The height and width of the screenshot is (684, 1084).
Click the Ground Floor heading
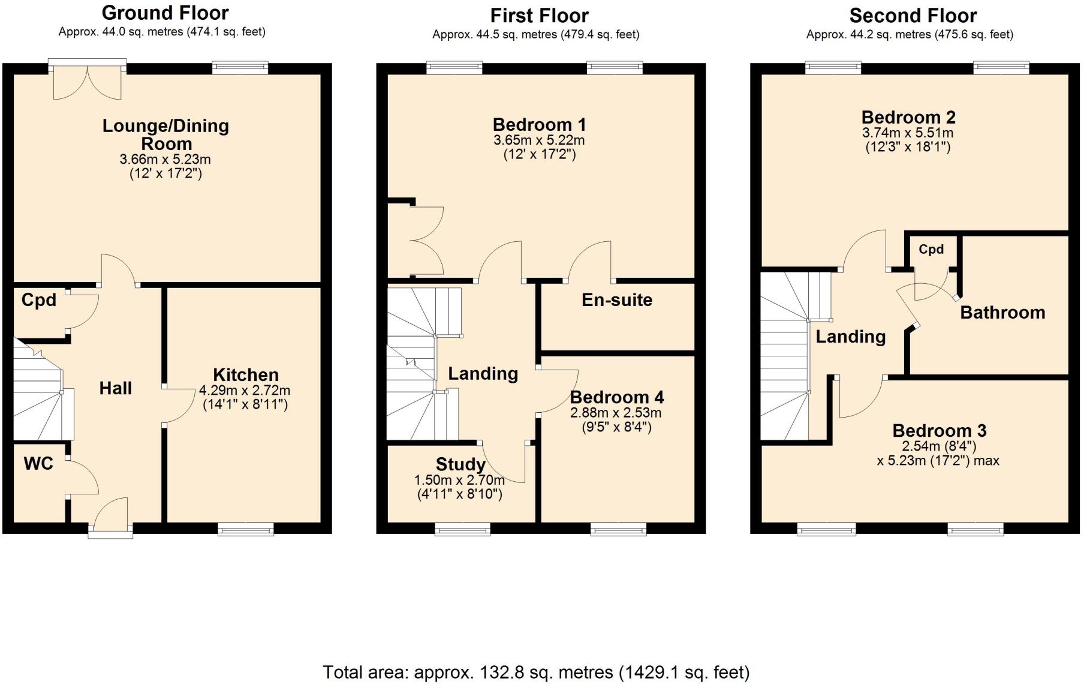pyautogui.click(x=165, y=13)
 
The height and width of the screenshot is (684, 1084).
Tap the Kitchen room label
pyautogui.click(x=246, y=375)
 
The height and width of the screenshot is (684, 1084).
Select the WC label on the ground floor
pyautogui.click(x=38, y=463)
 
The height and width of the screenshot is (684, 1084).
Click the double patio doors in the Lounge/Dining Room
pyautogui.click(x=88, y=82)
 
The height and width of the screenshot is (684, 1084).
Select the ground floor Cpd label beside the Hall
pyautogui.click(x=38, y=300)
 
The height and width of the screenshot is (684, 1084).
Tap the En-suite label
pyautogui.click(x=616, y=300)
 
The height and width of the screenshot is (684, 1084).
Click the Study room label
pyautogui.click(x=460, y=464)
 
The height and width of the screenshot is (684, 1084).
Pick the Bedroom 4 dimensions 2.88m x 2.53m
pyautogui.click(x=616, y=413)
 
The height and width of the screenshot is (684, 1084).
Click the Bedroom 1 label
pyautogui.click(x=539, y=125)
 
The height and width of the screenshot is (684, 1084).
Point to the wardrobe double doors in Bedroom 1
pyautogui.click(x=427, y=241)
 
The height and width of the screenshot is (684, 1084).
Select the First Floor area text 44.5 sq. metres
pyautogui.click(x=535, y=35)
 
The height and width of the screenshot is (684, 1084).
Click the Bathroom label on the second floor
pyautogui.click(x=1002, y=313)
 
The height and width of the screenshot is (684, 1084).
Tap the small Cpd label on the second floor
pyautogui.click(x=931, y=250)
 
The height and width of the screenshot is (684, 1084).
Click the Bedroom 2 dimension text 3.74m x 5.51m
pyautogui.click(x=907, y=133)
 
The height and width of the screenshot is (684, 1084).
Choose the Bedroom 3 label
pyautogui.click(x=939, y=430)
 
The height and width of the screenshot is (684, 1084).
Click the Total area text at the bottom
pyautogui.click(x=536, y=672)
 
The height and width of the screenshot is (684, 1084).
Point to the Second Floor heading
pyautogui.click(x=913, y=15)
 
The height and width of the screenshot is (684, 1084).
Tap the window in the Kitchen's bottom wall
pyautogui.click(x=245, y=529)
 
